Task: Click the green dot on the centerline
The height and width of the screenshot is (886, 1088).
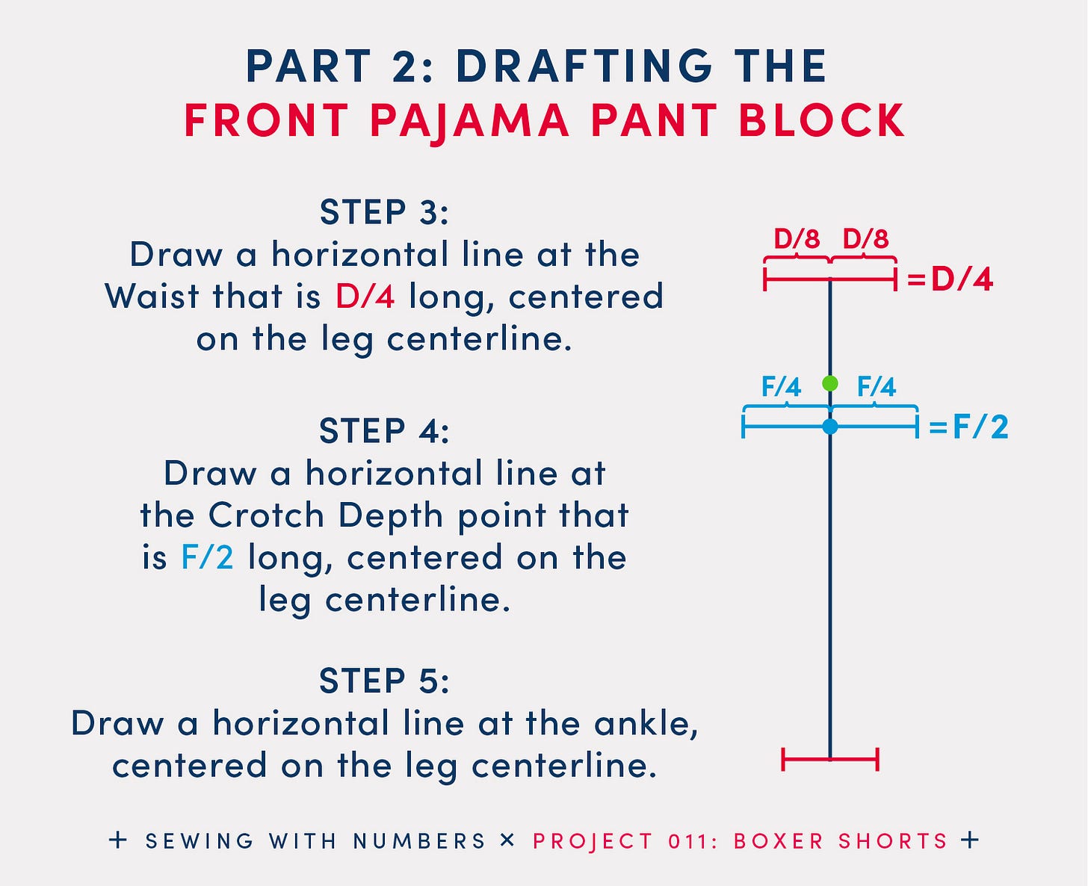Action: click(829, 383)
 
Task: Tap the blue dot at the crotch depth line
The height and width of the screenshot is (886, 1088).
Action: click(829, 427)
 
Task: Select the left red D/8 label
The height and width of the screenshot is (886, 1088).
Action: click(797, 239)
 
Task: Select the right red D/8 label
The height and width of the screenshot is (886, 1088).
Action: click(865, 239)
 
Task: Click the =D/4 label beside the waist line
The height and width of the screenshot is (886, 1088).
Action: click(950, 279)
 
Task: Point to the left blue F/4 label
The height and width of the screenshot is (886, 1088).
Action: click(781, 387)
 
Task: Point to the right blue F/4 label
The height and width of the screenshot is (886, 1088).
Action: click(876, 387)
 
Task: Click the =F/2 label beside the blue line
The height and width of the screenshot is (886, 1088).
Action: click(968, 427)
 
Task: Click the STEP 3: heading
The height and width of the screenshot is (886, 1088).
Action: click(384, 212)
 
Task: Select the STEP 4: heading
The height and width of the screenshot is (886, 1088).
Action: click(384, 431)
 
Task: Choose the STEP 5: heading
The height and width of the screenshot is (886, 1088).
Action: click(384, 681)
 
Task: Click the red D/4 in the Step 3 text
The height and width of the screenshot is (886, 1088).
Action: click(365, 297)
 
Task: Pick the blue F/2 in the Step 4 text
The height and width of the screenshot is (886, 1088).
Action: click(207, 557)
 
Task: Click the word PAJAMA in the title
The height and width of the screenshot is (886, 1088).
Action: click(469, 120)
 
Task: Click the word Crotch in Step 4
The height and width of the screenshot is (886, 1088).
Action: click(266, 515)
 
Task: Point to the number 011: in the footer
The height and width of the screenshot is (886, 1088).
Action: click(693, 841)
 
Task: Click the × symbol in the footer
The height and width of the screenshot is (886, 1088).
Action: click(507, 840)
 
